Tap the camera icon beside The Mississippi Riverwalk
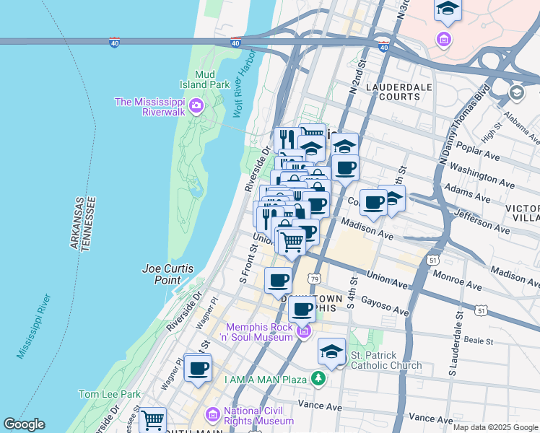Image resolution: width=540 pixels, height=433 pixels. [196, 108]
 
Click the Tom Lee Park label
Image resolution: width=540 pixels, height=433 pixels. [110, 395]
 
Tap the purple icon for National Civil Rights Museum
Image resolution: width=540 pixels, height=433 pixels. [213, 415]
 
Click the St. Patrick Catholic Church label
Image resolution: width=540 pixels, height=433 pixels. [386, 360]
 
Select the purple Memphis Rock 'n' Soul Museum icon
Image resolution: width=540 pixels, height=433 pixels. [304, 332]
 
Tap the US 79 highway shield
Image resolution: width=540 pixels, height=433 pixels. [313, 279]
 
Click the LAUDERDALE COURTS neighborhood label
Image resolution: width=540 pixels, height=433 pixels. [393, 92]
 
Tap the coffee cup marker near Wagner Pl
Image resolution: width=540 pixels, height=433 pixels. [197, 369]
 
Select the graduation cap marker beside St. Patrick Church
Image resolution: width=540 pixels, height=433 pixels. [331, 351]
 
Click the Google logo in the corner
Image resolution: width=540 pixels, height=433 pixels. [24, 424]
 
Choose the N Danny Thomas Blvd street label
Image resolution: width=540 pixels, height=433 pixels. [461, 127]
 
